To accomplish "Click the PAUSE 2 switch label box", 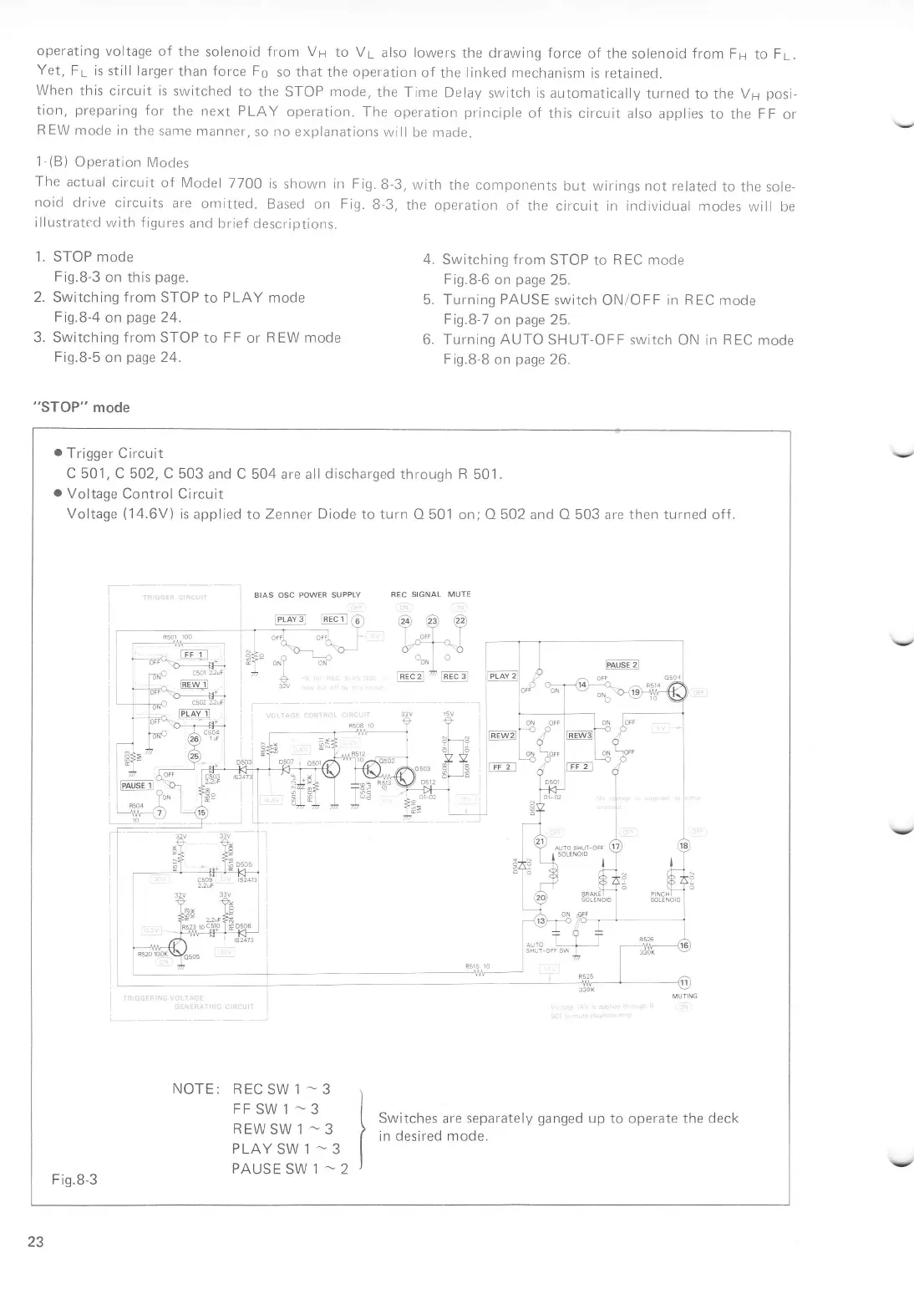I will point(622,665).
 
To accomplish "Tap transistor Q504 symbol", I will point(676,691).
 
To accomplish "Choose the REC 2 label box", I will point(411,676).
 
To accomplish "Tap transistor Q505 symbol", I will point(177,946).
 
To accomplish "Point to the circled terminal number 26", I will point(195,738).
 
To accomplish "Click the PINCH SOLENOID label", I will point(665,897).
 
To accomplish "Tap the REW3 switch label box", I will point(580,736).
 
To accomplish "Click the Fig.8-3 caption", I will point(74,1179).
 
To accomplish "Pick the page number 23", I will point(36,1241).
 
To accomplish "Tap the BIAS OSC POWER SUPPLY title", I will point(307,594).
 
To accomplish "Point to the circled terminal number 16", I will point(684,945).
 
